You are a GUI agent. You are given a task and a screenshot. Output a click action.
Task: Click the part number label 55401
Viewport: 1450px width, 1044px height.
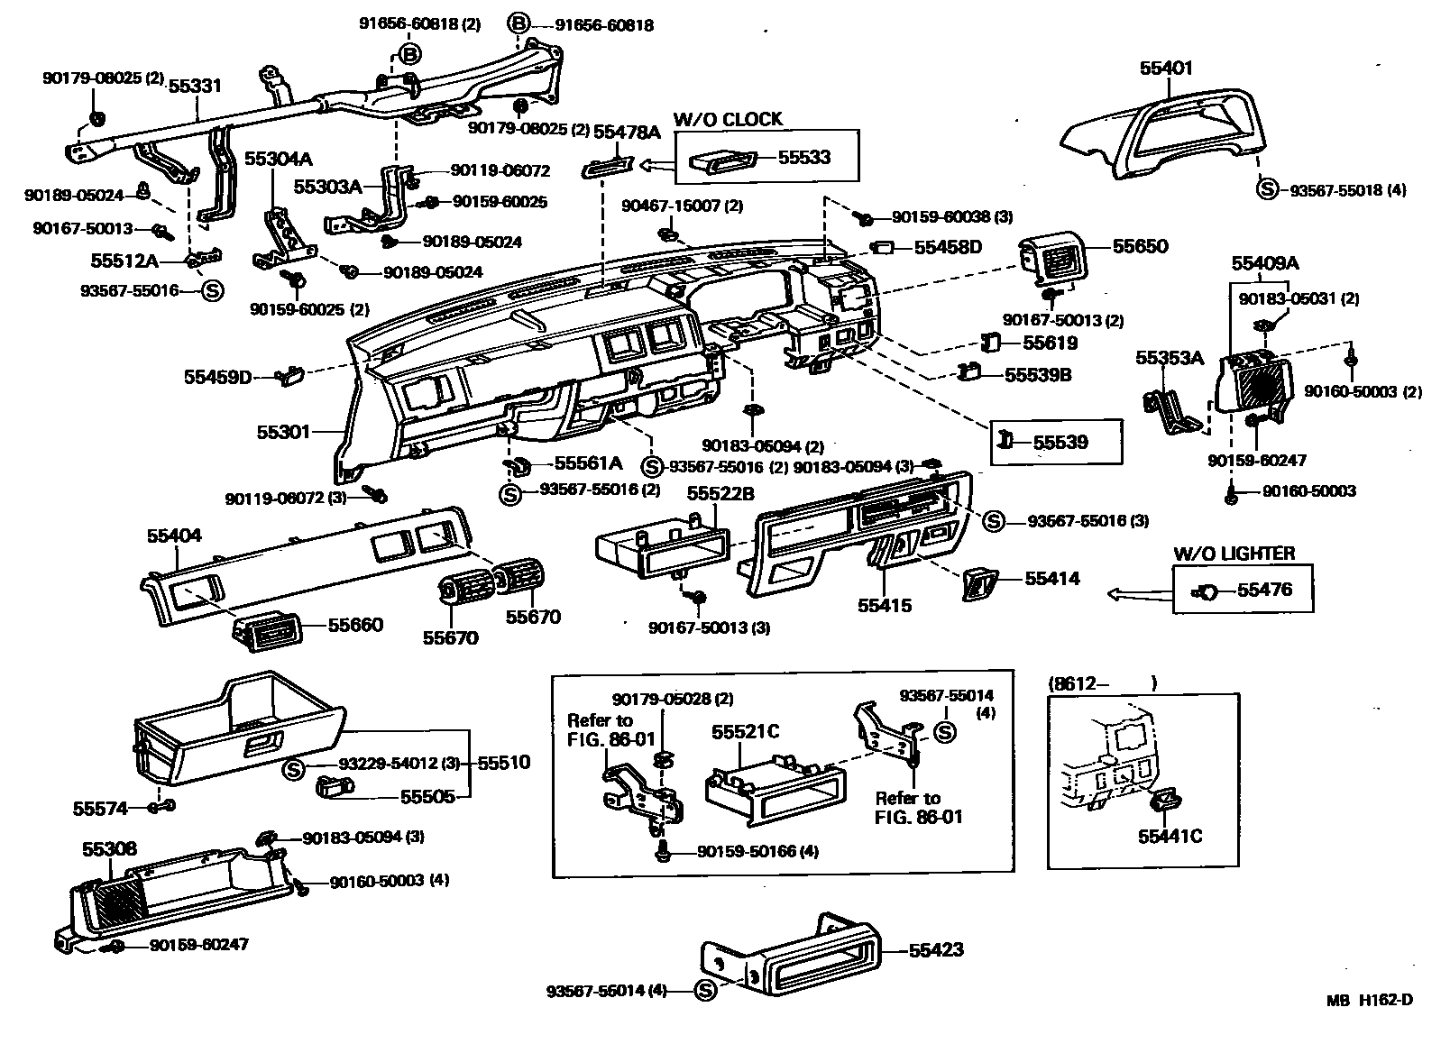pyautogui.click(x=1166, y=68)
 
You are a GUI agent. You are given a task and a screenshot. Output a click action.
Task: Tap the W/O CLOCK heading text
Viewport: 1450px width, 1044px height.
pyautogui.click(x=728, y=120)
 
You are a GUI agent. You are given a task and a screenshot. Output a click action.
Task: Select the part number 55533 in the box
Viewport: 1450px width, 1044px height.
pyautogui.click(x=804, y=157)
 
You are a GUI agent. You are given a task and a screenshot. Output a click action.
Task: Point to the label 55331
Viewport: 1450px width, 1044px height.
pyautogui.click(x=195, y=86)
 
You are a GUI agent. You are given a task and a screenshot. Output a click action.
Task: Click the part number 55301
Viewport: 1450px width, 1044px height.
pyautogui.click(x=283, y=432)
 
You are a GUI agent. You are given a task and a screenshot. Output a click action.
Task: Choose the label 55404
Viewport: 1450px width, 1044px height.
pyautogui.click(x=174, y=536)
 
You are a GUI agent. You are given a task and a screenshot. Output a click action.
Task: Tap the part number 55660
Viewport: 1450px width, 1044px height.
pyautogui.click(x=355, y=625)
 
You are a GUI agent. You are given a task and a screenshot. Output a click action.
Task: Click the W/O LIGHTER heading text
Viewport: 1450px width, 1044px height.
pyautogui.click(x=1234, y=554)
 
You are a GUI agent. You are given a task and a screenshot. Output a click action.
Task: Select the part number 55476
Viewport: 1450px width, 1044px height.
pyautogui.click(x=1264, y=590)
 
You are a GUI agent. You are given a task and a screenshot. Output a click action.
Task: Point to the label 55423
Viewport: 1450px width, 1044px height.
pyautogui.click(x=936, y=950)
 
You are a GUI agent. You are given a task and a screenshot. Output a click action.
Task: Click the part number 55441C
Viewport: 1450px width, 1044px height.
pyautogui.click(x=1170, y=837)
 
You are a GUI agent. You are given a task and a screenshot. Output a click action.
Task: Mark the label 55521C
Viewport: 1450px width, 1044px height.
pyautogui.click(x=745, y=732)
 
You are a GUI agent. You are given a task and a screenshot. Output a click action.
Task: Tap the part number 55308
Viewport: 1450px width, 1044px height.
pyautogui.click(x=109, y=849)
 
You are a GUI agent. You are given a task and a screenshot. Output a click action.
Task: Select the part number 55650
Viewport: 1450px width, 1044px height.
pyautogui.click(x=1140, y=247)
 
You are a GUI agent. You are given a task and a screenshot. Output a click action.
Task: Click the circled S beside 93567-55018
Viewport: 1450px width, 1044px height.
pyautogui.click(x=1267, y=189)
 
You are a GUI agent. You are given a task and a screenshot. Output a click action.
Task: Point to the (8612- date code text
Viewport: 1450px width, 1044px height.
pyautogui.click(x=1078, y=683)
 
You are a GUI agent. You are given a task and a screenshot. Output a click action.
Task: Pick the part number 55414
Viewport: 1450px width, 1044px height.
pyautogui.click(x=1052, y=579)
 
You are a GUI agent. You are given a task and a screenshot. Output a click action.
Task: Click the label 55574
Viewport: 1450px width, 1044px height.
pyautogui.click(x=100, y=809)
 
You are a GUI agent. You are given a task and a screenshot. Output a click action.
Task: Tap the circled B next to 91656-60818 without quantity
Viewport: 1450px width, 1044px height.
pyautogui.click(x=518, y=24)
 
